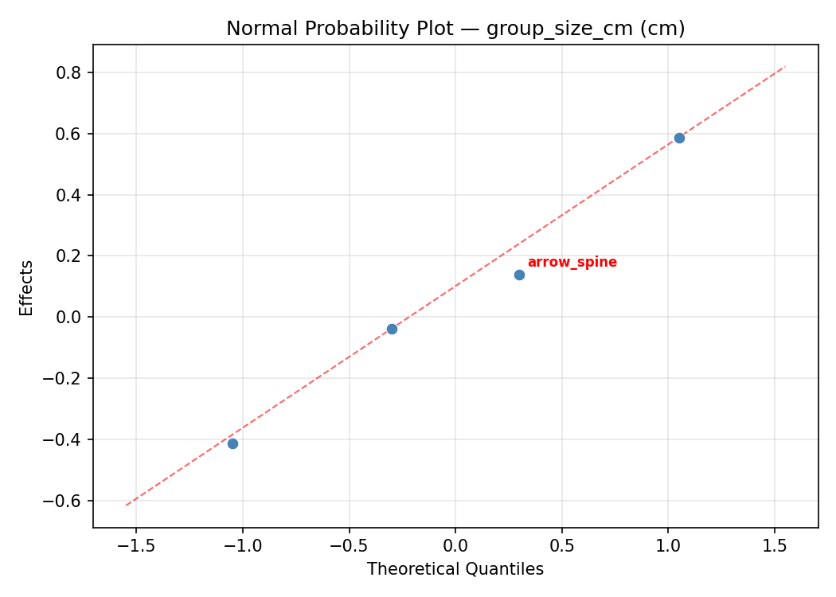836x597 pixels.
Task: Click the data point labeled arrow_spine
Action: click(519, 275)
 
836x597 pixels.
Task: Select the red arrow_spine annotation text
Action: click(572, 263)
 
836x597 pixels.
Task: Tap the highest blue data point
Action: click(679, 138)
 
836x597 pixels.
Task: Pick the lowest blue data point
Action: click(232, 443)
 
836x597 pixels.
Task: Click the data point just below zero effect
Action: click(392, 329)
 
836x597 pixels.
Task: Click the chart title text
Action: click(455, 29)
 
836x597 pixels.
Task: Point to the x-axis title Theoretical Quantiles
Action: click(455, 569)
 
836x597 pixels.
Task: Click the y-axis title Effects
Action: click(27, 287)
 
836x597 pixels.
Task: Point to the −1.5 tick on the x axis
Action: click(135, 547)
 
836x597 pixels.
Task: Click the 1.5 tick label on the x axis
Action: click(775, 547)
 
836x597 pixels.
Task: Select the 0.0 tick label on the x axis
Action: click(455, 547)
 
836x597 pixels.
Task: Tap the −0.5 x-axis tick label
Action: click(349, 547)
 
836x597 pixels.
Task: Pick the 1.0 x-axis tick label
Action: click(668, 547)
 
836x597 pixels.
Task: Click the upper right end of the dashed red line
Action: click(785, 66)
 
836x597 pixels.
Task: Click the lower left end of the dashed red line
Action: click(126, 505)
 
